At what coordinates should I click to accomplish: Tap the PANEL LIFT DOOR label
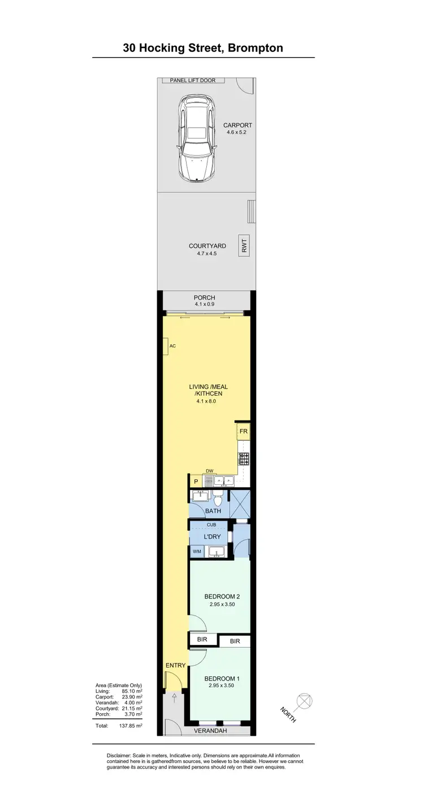(192, 81)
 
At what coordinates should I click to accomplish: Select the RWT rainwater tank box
(244, 246)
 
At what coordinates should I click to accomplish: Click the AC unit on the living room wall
(167, 346)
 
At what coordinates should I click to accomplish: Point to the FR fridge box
(243, 432)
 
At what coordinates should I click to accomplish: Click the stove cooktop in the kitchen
(244, 458)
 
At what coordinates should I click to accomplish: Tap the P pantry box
(196, 482)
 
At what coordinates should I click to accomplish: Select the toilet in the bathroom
(218, 499)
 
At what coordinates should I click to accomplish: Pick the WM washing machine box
(197, 551)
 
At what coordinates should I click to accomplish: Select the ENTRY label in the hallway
(175, 665)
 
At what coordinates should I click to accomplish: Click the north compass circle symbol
(304, 701)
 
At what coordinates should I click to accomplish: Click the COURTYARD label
(207, 246)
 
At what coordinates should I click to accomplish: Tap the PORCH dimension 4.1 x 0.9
(204, 305)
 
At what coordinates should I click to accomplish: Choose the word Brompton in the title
(254, 48)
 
